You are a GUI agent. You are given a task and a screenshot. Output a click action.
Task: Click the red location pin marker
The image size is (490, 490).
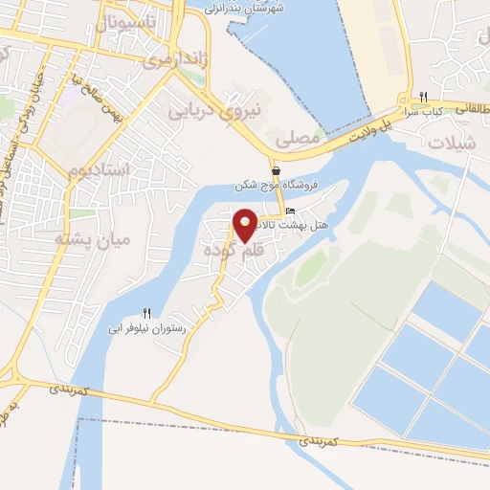click(245, 224)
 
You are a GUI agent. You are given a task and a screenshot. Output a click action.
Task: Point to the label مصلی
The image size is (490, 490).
click(297, 139)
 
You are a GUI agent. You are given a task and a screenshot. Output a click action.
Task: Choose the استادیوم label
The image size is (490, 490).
click(99, 171)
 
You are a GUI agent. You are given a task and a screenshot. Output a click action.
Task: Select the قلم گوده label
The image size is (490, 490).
click(233, 250)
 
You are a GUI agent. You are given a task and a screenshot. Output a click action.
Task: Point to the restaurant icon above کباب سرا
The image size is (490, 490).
click(423, 96)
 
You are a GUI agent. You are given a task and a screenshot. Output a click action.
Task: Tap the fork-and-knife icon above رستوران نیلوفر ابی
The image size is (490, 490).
click(146, 312)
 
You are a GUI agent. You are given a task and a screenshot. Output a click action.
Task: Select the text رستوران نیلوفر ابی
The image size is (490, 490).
click(147, 327)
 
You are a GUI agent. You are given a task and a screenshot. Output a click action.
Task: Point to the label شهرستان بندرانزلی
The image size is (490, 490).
click(251, 8)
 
